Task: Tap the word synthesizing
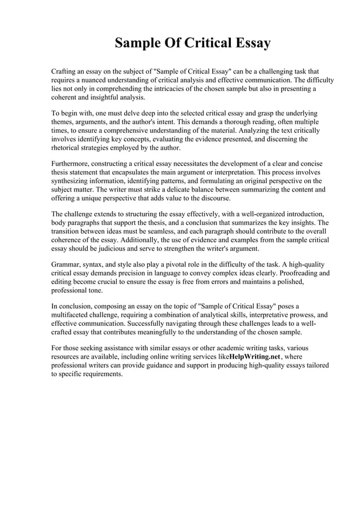[73, 181]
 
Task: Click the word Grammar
[67, 264]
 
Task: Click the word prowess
[292, 315]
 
